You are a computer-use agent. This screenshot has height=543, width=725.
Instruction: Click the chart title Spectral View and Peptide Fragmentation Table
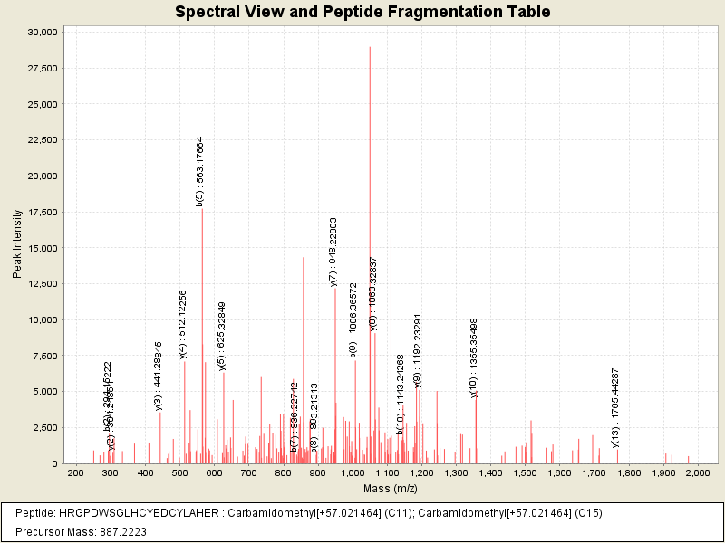pos(362,12)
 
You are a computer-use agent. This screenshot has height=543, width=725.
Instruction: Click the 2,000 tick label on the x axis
pos(697,473)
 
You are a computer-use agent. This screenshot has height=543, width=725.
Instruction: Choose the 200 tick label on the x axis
pos(75,473)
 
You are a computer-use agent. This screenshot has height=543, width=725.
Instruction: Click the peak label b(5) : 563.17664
pos(200,171)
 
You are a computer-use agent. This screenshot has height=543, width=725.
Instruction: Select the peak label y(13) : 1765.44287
pos(615,407)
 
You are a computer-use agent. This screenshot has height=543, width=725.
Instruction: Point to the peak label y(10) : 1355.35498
pos(473,357)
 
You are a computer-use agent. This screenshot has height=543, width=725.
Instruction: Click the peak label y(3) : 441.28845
pos(159,376)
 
